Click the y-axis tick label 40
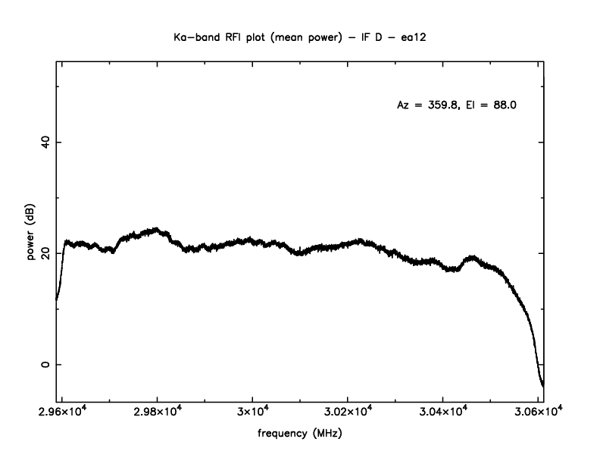[x=44, y=142]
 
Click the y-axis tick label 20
[x=44, y=253]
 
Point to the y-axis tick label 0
[x=44, y=365]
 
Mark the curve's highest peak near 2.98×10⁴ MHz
[x=156, y=229]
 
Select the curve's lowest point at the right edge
[x=542, y=385]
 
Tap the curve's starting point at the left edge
[x=57, y=299]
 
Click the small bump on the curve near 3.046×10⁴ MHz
[x=473, y=258]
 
